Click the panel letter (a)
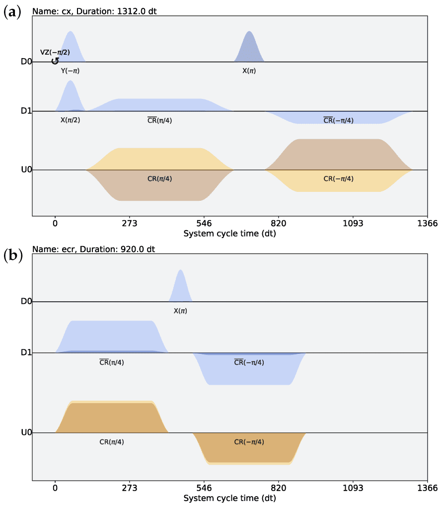tap(12, 12)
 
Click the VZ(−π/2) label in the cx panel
tap(58, 52)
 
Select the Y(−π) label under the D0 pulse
tap(70, 71)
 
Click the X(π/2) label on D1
tap(70, 120)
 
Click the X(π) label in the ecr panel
tap(180, 311)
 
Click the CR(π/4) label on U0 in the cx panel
tap(160, 178)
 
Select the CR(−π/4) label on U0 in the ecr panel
tap(249, 441)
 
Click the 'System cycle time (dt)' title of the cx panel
tap(229, 233)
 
